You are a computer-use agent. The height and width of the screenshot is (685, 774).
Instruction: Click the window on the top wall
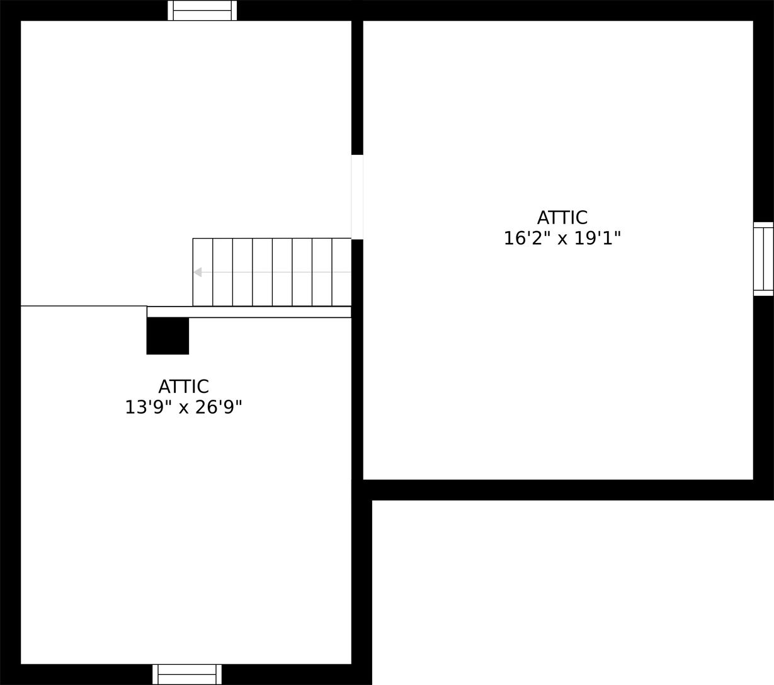point(202,11)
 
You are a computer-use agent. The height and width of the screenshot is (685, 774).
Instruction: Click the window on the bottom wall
point(187,674)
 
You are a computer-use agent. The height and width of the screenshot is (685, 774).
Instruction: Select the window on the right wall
point(763,259)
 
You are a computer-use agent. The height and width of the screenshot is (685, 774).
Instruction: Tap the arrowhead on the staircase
point(198,272)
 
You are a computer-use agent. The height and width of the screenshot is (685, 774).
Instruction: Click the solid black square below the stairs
point(168,336)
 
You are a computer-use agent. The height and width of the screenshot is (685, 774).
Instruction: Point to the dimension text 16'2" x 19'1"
point(562,239)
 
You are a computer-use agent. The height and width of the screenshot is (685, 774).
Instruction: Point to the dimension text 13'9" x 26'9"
point(183,407)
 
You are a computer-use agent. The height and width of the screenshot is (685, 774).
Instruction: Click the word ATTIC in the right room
point(562,218)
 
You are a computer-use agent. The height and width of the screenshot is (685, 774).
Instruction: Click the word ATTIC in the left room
point(183,387)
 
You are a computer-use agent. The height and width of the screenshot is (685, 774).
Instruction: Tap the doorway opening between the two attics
point(357,196)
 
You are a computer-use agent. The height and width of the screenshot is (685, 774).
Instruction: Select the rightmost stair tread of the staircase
point(341,272)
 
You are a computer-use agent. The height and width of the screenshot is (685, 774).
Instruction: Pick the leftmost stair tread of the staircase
point(203,272)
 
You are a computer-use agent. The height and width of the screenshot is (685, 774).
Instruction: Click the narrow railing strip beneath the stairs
point(249,312)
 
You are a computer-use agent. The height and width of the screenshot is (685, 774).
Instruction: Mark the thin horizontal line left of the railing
point(84,306)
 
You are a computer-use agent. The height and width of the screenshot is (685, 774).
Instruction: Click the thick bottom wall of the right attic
point(561,490)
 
